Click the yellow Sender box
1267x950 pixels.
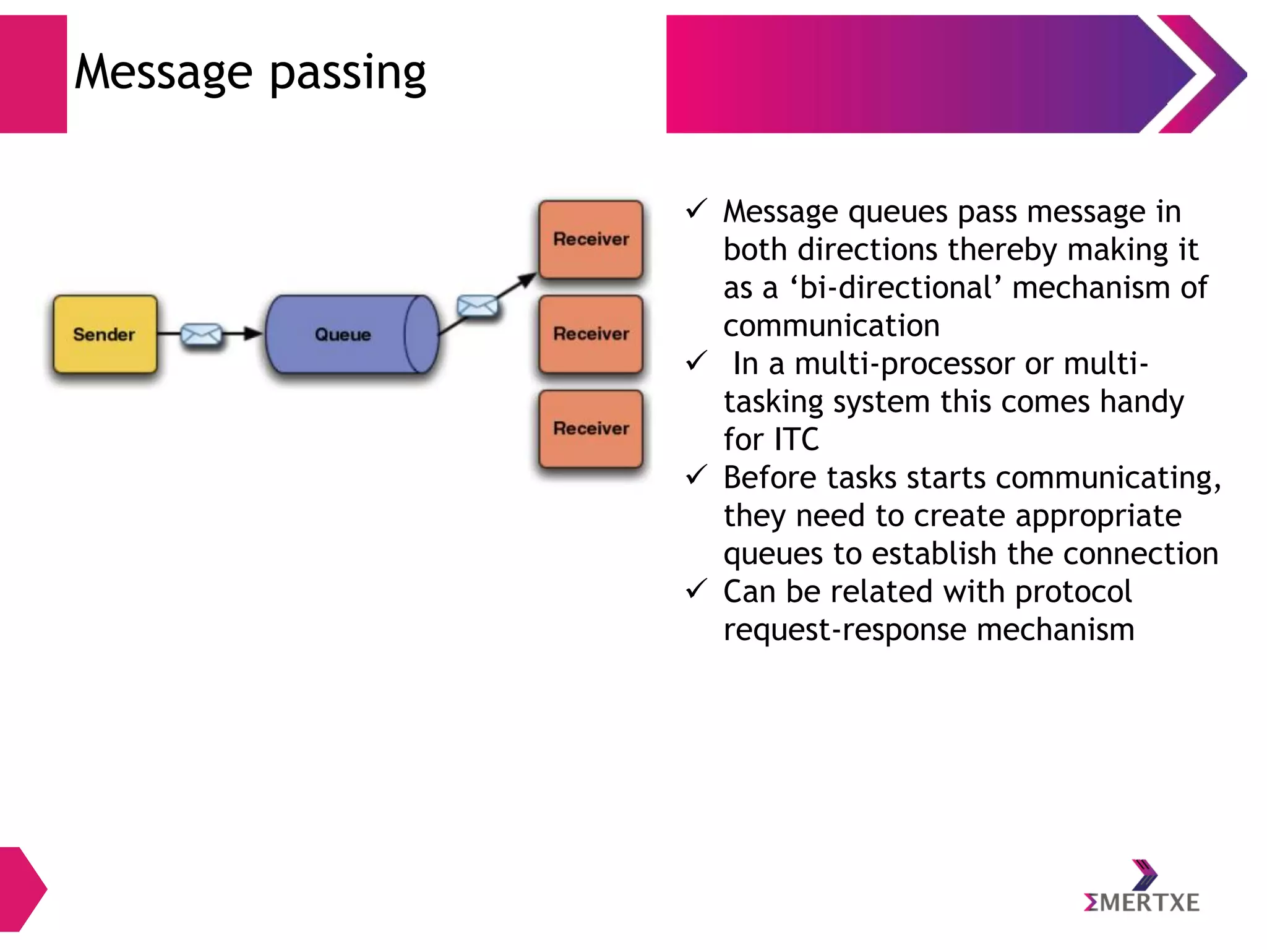pos(105,334)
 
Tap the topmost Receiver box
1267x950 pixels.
pos(591,239)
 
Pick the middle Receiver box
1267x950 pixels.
pos(591,334)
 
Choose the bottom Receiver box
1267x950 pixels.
pos(591,429)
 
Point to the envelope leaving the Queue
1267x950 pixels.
pos(477,306)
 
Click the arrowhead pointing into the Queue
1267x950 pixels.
pos(254,334)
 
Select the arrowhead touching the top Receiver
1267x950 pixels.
pos(527,280)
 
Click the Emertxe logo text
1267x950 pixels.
pos(1141,903)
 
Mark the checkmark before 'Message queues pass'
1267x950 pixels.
pos(697,209)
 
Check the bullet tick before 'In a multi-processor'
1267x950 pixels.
pos(697,361)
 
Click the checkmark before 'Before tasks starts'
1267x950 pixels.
pos(697,475)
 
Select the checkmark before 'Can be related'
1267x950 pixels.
pos(697,589)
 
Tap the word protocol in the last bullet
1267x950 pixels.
pos(1073,592)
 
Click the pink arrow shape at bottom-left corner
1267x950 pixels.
pos(22,889)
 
